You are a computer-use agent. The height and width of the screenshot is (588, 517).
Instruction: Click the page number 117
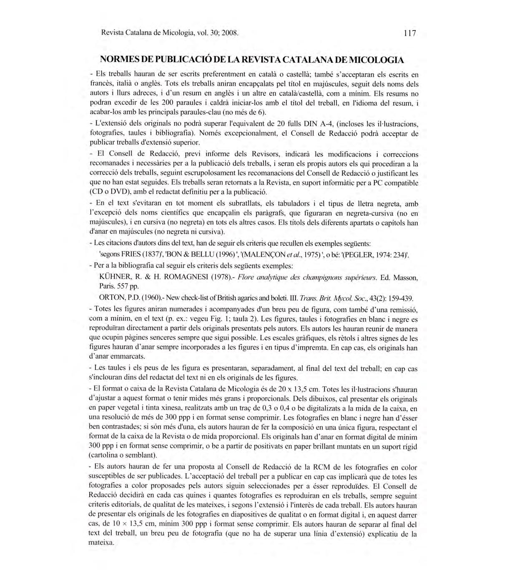(409, 33)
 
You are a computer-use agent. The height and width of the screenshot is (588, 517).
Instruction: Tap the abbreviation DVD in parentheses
(120, 192)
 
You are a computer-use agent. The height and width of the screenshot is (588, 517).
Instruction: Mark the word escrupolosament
(226, 173)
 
